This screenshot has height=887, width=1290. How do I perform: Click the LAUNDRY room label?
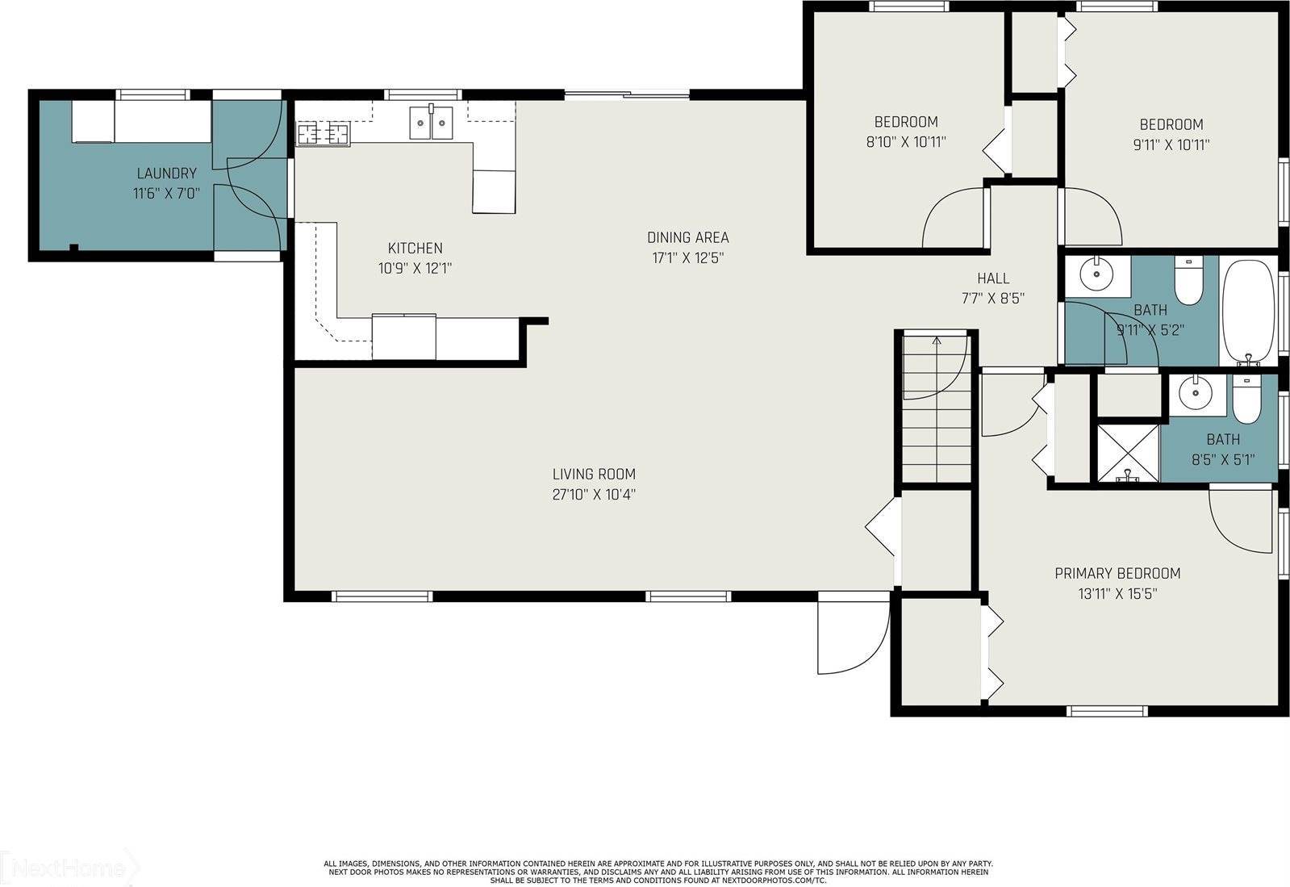tap(166, 173)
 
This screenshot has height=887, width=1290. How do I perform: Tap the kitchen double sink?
tap(432, 123)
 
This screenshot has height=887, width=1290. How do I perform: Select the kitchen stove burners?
tap(323, 133)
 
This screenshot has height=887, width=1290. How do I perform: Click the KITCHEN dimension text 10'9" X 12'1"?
tap(415, 268)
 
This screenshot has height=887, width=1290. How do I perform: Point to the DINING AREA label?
tap(687, 237)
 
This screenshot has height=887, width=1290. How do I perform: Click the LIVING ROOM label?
tap(594, 474)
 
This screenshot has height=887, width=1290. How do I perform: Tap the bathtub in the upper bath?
tap(1247, 311)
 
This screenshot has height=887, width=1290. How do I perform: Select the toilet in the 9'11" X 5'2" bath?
tap(1188, 280)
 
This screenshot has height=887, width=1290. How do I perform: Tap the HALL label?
tap(993, 278)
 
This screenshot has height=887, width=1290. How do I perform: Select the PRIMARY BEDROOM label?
tap(1117, 573)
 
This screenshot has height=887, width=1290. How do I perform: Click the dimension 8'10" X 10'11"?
tap(906, 142)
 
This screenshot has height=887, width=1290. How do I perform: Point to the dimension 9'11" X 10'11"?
tap(1171, 144)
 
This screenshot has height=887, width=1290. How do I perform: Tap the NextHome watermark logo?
tap(69, 868)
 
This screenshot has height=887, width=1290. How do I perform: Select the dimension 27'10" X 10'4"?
tap(594, 495)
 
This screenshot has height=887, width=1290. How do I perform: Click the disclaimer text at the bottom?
tap(658, 872)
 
